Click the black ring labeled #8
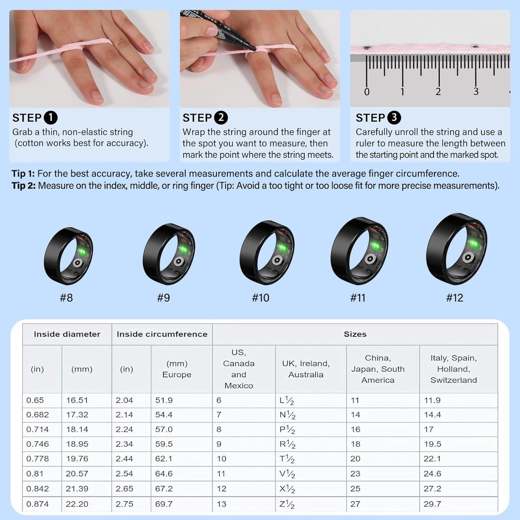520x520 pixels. [68, 256]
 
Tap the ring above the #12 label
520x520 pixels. [456, 249]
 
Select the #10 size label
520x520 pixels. [260, 298]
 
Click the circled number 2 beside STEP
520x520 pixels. [221, 118]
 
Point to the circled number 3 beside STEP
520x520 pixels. [394, 118]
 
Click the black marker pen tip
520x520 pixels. [254, 49]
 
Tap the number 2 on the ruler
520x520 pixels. [438, 92]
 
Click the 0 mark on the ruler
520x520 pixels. [367, 92]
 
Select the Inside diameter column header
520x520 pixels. [67, 334]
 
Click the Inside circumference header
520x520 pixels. [162, 334]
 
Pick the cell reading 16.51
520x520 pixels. [77, 400]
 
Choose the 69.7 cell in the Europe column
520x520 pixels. [164, 504]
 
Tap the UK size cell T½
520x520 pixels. [287, 459]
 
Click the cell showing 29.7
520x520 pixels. [432, 504]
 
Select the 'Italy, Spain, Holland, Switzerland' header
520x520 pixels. [453, 369]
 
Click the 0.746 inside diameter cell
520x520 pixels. [37, 444]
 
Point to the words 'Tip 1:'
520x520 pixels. [23, 174]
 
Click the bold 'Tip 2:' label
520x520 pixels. [24, 186]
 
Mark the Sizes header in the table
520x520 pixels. [355, 334]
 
